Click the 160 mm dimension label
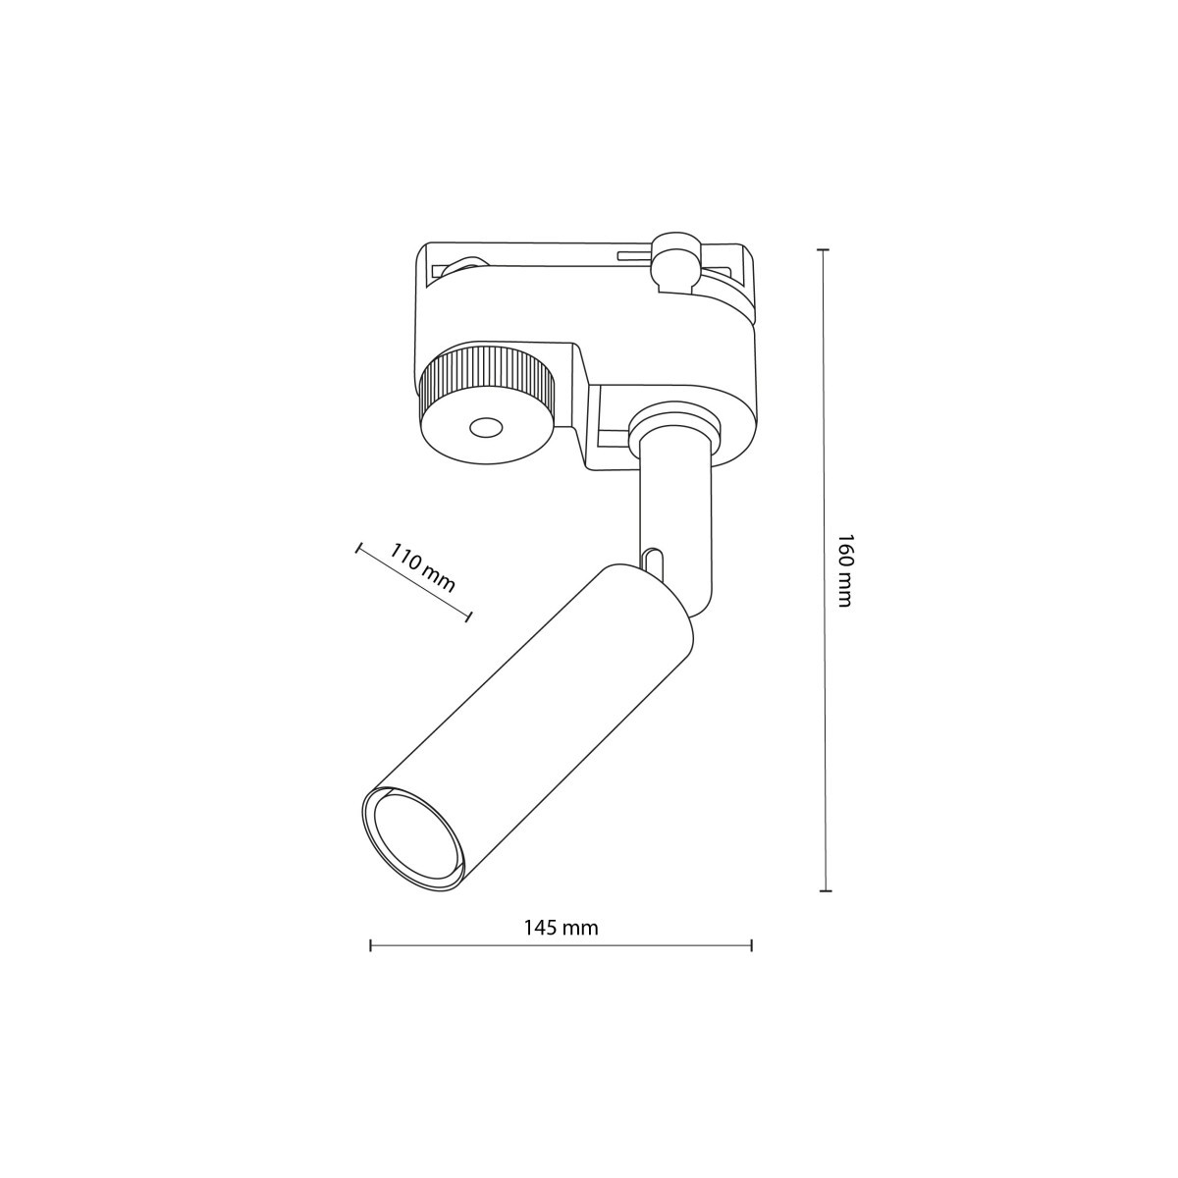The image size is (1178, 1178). coord(842,570)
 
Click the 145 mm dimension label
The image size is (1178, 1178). coord(561,927)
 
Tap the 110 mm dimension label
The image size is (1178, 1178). coord(423,567)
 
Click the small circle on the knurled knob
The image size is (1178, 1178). coord(483,427)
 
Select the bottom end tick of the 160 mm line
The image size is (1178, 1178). coord(825,890)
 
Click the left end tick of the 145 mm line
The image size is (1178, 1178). coord(370,945)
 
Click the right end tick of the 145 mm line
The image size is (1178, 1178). coord(751,945)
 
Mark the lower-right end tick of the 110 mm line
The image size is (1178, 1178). coord(468,616)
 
